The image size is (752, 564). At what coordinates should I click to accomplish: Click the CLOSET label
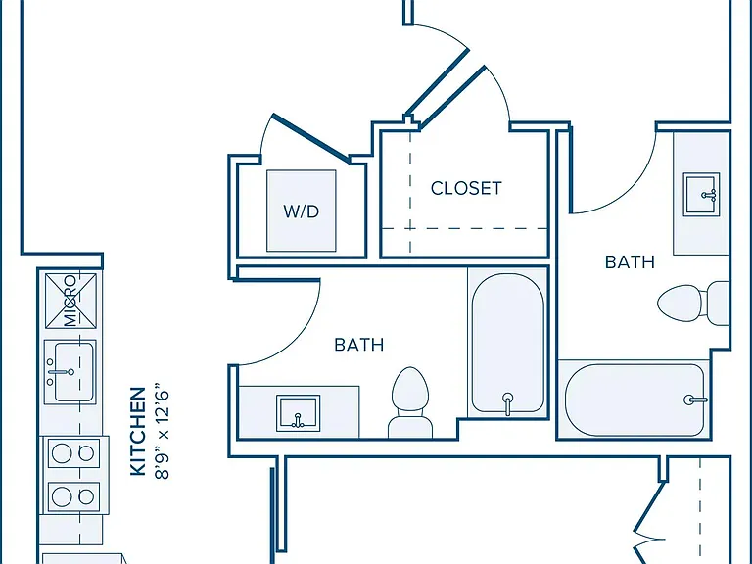(x=466, y=188)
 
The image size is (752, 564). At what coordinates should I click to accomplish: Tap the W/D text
(x=302, y=211)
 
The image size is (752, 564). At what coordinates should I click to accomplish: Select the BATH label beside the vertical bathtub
(x=359, y=345)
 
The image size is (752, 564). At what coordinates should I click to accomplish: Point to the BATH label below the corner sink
(x=630, y=261)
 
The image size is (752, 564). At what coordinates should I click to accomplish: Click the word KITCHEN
(x=138, y=431)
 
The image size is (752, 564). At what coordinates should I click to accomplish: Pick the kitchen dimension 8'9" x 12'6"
(x=163, y=431)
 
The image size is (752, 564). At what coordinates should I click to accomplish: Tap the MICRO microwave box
(x=70, y=301)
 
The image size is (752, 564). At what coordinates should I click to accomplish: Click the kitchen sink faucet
(x=60, y=372)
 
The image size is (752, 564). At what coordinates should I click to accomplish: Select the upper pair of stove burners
(x=73, y=453)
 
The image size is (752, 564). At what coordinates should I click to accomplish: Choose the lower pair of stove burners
(x=73, y=496)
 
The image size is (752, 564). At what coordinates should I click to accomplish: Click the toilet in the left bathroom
(x=410, y=402)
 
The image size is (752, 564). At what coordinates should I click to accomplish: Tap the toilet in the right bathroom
(x=693, y=304)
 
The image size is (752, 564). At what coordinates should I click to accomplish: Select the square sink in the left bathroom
(x=298, y=413)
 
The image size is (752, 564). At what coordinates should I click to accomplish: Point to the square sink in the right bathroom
(x=702, y=194)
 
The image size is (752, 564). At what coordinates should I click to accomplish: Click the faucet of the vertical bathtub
(x=507, y=402)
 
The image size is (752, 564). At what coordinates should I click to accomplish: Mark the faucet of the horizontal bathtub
(x=695, y=399)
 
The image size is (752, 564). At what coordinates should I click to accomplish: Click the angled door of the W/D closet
(x=311, y=138)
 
